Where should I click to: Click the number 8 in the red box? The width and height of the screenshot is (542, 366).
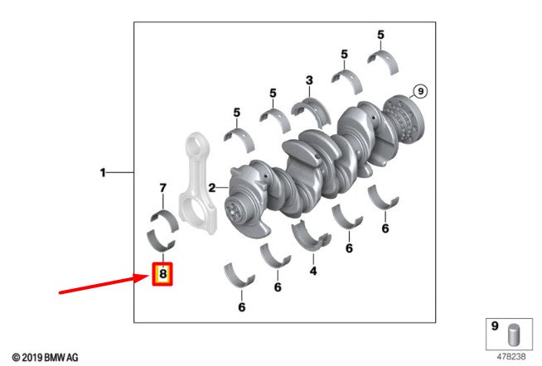coord(162,274)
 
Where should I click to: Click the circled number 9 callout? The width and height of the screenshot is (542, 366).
coord(420,91)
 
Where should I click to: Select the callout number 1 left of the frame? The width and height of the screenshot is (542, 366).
coord(103,172)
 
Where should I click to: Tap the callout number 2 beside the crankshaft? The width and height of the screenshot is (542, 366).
coord(212,187)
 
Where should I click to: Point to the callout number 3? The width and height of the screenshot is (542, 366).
coord(309,80)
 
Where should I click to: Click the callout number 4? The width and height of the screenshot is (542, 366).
coord(313,271)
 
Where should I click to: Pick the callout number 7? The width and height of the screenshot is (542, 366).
coord(162,188)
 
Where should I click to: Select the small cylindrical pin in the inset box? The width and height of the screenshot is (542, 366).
coord(515,335)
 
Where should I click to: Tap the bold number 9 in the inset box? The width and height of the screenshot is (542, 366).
coord(495,326)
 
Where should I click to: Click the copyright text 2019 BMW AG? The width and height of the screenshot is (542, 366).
coord(46,358)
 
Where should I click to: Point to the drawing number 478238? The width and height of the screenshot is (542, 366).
coord(511,356)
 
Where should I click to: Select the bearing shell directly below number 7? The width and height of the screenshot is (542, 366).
coord(165,219)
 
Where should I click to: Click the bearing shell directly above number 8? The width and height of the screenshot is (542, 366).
coord(160,239)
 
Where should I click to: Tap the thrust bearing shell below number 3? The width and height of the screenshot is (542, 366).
coord(311,110)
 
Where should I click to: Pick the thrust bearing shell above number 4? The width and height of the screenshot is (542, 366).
coord(312,235)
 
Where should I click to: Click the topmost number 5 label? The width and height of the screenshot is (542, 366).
coord(380,35)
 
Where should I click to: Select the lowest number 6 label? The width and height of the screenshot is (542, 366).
coord(242,306)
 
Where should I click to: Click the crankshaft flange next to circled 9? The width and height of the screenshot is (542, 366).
coord(404,120)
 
